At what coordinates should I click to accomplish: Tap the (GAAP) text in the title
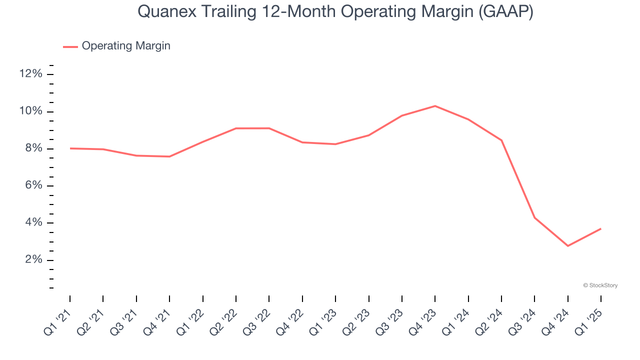click(505, 12)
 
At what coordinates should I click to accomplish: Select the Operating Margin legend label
click(126, 46)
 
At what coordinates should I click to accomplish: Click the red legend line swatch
click(70, 46)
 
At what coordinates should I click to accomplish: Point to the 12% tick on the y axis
click(30, 74)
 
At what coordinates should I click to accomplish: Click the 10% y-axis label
click(30, 111)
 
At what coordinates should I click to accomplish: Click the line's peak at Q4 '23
click(435, 106)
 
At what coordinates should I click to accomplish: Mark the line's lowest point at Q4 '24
click(568, 245)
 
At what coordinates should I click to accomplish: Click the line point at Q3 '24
click(534, 217)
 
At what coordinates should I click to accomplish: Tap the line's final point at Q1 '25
click(600, 229)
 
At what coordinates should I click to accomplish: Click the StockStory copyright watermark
click(600, 285)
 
